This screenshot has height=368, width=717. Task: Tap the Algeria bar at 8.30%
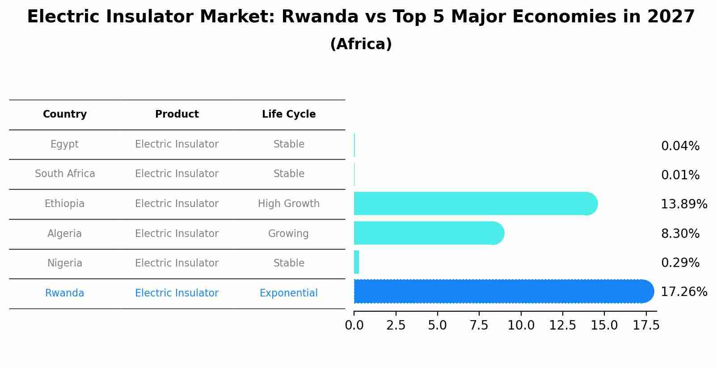coord(428,233)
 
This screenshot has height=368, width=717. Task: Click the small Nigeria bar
coord(356,262)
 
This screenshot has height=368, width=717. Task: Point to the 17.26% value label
coord(683,292)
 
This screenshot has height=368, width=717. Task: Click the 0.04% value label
coord(680,146)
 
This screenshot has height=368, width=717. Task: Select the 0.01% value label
coord(680,175)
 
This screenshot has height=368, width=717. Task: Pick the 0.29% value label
coord(680,263)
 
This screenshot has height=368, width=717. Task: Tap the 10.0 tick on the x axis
coord(521,326)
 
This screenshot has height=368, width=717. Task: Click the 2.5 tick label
coord(396,326)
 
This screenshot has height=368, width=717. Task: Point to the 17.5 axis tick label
coord(646,326)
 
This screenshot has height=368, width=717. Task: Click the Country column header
coord(65,114)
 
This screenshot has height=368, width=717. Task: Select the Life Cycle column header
coord(289,114)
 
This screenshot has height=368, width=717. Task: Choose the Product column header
coord(177,114)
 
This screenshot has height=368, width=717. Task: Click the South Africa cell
coord(65,174)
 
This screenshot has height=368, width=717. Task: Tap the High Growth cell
coord(289,204)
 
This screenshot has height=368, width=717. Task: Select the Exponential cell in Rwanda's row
coord(289,293)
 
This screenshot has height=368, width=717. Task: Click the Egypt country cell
coord(64,144)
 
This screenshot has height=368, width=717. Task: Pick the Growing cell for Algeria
coord(288,234)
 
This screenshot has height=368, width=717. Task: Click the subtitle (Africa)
coord(361,44)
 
